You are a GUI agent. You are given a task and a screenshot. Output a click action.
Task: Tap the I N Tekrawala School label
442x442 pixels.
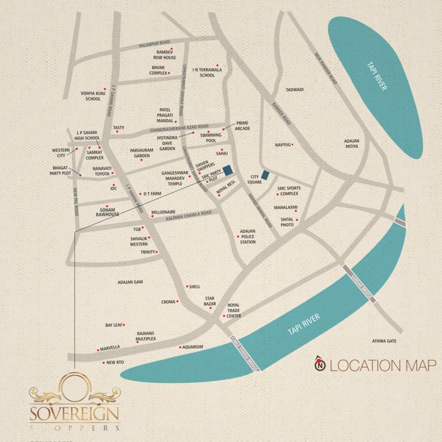207,72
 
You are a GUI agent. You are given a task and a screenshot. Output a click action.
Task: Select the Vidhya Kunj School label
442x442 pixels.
93,96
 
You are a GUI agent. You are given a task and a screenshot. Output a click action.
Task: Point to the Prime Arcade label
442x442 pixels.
242,125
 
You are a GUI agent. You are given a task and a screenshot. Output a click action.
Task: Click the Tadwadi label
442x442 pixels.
295,90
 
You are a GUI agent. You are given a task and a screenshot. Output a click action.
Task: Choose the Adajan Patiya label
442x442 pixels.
352,143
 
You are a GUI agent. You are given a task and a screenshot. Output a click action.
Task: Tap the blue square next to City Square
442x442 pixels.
265,175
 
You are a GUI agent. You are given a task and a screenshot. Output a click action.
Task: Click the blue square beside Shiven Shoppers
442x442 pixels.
227,170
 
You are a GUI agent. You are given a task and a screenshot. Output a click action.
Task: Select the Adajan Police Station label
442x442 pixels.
247,237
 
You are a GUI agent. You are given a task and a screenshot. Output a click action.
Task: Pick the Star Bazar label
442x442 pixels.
210,301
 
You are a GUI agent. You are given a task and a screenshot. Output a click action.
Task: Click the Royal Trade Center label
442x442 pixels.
234,311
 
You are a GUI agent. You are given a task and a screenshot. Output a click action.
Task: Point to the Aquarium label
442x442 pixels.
193,347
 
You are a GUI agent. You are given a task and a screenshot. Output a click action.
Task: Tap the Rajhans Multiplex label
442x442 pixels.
146,336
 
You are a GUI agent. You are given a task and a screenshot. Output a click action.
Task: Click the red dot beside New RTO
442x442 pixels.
104,363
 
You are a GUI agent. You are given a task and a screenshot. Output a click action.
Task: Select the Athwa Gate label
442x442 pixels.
384,341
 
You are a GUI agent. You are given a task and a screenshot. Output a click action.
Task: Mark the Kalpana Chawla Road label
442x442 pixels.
189,215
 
